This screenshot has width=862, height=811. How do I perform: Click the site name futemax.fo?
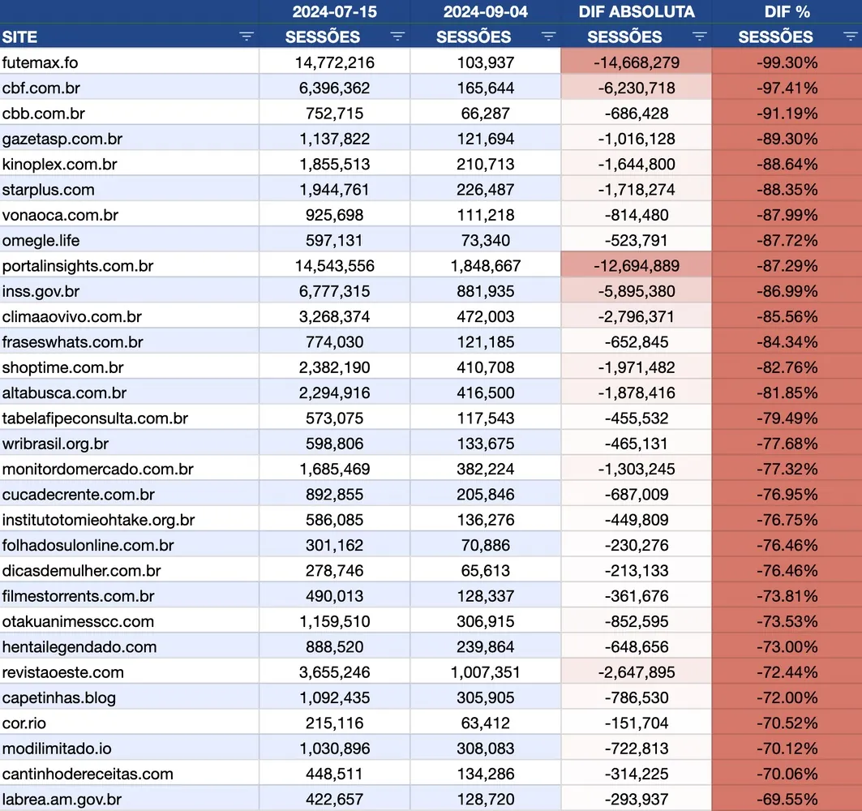tap(41, 62)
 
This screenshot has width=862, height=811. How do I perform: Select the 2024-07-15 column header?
tap(334, 12)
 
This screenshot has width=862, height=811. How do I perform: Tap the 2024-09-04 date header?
tap(486, 12)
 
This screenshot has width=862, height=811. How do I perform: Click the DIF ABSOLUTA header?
tap(637, 12)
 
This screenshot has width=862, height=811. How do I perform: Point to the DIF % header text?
tap(787, 12)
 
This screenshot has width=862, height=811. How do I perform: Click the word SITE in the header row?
tap(19, 36)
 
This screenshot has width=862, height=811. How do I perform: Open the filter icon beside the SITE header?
tap(247, 36)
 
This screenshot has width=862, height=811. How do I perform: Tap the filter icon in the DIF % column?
tap(850, 36)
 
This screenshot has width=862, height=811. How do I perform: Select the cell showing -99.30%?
tap(787, 62)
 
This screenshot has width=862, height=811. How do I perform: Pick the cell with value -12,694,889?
tap(637, 266)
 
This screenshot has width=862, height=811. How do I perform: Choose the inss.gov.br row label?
tap(41, 291)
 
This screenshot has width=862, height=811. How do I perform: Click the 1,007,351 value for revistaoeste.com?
tap(486, 672)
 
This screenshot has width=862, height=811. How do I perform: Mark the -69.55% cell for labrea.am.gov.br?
tap(787, 800)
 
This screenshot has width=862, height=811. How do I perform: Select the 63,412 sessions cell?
tap(486, 723)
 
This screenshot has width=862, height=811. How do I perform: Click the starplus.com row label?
tap(49, 190)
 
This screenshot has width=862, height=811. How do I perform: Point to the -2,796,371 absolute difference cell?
tap(637, 316)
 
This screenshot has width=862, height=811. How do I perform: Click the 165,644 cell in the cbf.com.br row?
tap(486, 88)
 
